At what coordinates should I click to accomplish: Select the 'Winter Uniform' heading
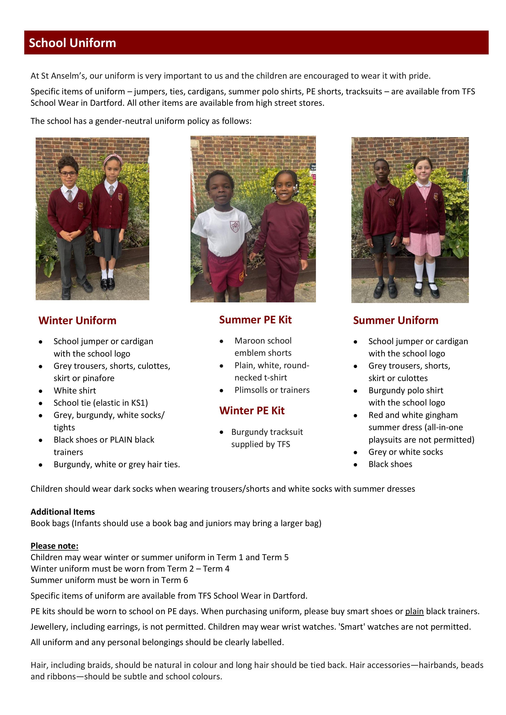coord(77,321)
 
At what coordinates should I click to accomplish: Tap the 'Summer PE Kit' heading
coord(255,320)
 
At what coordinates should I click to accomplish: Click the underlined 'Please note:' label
coord(55,546)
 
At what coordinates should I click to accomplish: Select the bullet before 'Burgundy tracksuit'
coord(221,432)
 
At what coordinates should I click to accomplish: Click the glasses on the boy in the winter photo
coord(68,174)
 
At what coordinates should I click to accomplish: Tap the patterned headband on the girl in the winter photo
coord(111,157)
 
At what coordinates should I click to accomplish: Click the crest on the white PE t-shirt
coord(235,226)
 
